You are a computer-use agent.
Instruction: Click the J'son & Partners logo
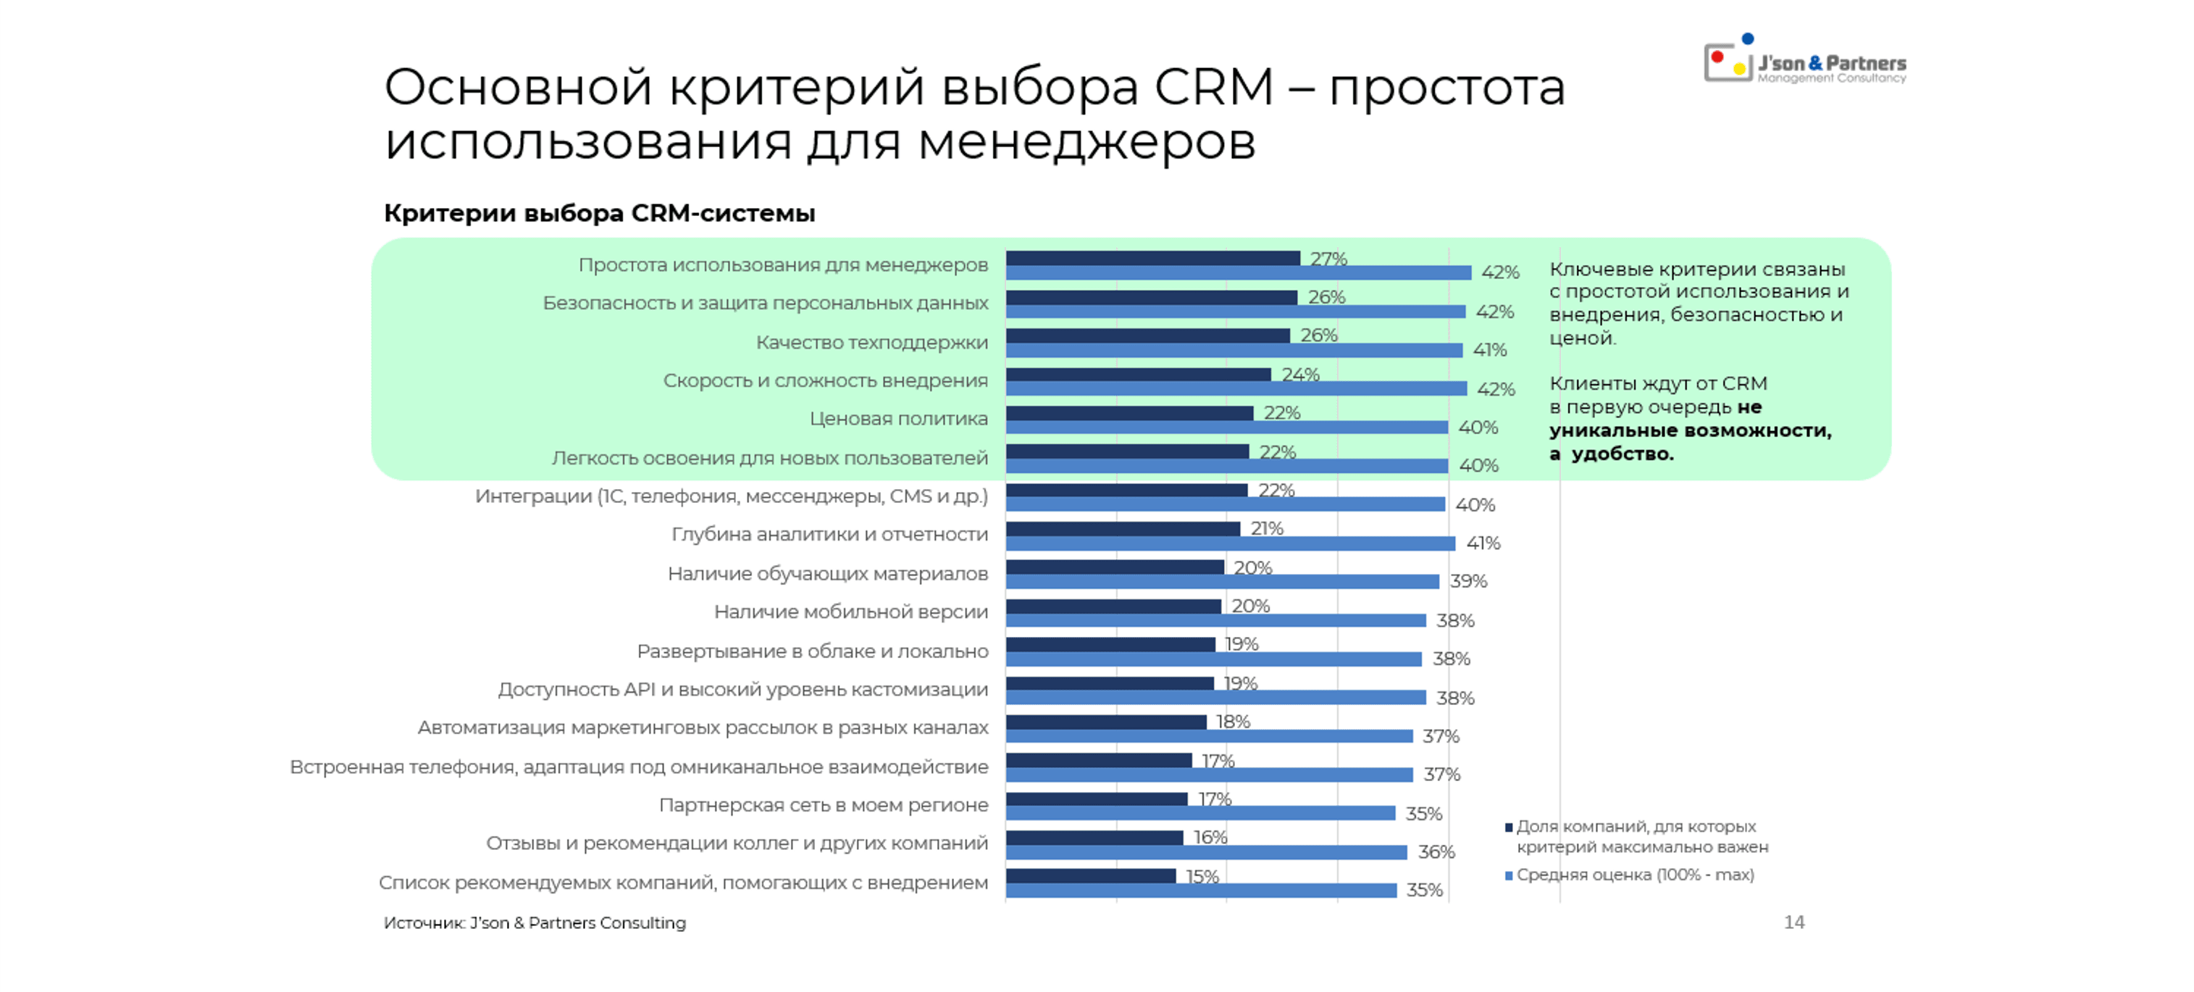click(1805, 62)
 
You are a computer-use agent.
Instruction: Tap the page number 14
click(1793, 922)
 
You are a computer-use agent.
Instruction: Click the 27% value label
click(1328, 258)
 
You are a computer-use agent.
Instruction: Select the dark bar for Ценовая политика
click(1129, 413)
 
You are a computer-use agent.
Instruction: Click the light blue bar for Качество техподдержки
click(1234, 350)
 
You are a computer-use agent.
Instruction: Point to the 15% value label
click(1202, 876)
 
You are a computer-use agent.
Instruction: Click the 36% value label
click(1436, 851)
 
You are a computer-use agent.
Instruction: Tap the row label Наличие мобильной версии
click(850, 612)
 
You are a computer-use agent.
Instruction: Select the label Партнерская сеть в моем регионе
click(823, 805)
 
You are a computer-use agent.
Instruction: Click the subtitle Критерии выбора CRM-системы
click(599, 213)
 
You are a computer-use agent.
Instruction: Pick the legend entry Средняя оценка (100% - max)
click(1634, 875)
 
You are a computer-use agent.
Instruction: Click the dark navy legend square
click(1508, 827)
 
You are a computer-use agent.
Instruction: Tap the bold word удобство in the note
click(1622, 454)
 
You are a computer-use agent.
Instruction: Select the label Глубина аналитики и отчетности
click(829, 534)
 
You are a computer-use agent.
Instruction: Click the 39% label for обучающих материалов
click(1468, 581)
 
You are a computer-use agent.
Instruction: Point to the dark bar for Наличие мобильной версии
click(1113, 606)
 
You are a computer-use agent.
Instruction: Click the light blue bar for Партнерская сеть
click(1200, 813)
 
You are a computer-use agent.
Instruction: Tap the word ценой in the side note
click(1580, 338)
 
